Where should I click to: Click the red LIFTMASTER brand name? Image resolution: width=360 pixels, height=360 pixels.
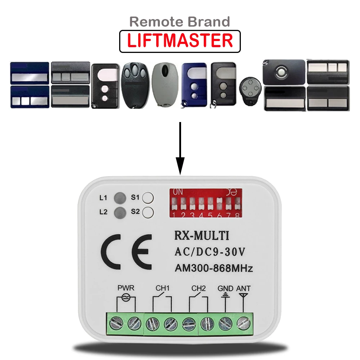tap(180, 41)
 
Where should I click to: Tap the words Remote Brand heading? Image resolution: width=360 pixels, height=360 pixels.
tap(180, 22)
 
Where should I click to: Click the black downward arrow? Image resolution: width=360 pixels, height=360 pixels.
tap(180, 148)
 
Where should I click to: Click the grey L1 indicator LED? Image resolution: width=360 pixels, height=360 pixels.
tap(120, 197)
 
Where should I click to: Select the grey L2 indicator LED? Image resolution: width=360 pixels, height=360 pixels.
tap(120, 212)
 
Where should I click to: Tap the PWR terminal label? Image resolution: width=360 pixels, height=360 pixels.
tap(126, 288)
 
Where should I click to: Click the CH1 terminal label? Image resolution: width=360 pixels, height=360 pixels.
tap(162, 288)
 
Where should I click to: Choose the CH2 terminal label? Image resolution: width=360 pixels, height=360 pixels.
tap(198, 288)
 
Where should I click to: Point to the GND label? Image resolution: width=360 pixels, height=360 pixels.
tap(225, 288)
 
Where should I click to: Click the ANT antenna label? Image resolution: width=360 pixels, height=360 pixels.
tap(243, 288)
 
